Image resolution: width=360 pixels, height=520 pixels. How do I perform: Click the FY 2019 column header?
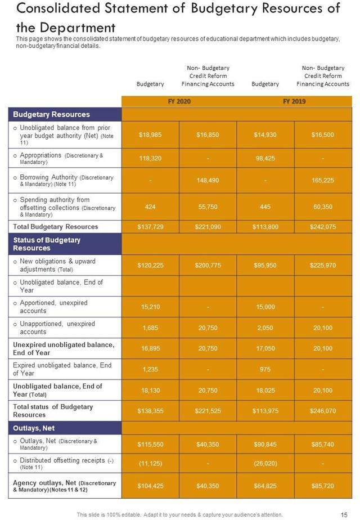tap(294, 101)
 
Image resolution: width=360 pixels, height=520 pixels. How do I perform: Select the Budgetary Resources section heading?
tap(52, 114)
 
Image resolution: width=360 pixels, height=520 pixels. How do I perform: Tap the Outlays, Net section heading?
tap(34, 428)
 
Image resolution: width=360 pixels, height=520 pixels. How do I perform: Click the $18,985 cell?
tap(150, 135)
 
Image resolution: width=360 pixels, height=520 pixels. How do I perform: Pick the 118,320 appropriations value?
tap(150, 159)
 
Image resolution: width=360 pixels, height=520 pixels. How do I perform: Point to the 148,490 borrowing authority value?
tap(208, 181)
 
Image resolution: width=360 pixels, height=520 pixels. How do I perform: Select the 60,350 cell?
tap(323, 207)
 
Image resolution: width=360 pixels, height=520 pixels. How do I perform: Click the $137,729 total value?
tap(150, 227)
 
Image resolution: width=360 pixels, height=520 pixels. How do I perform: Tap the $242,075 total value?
tap(323, 227)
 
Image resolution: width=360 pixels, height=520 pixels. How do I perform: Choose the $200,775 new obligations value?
tap(208, 265)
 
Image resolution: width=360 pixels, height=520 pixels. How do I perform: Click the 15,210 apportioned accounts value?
tap(150, 307)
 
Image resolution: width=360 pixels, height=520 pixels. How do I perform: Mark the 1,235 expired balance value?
tap(150, 369)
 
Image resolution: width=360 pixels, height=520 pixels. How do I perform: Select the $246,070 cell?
tap(323, 411)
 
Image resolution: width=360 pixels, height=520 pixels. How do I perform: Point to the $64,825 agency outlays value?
tap(265, 486)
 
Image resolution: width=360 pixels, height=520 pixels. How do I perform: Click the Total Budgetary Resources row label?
tap(56, 227)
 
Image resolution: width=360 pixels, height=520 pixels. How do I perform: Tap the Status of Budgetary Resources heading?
tap(47, 244)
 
